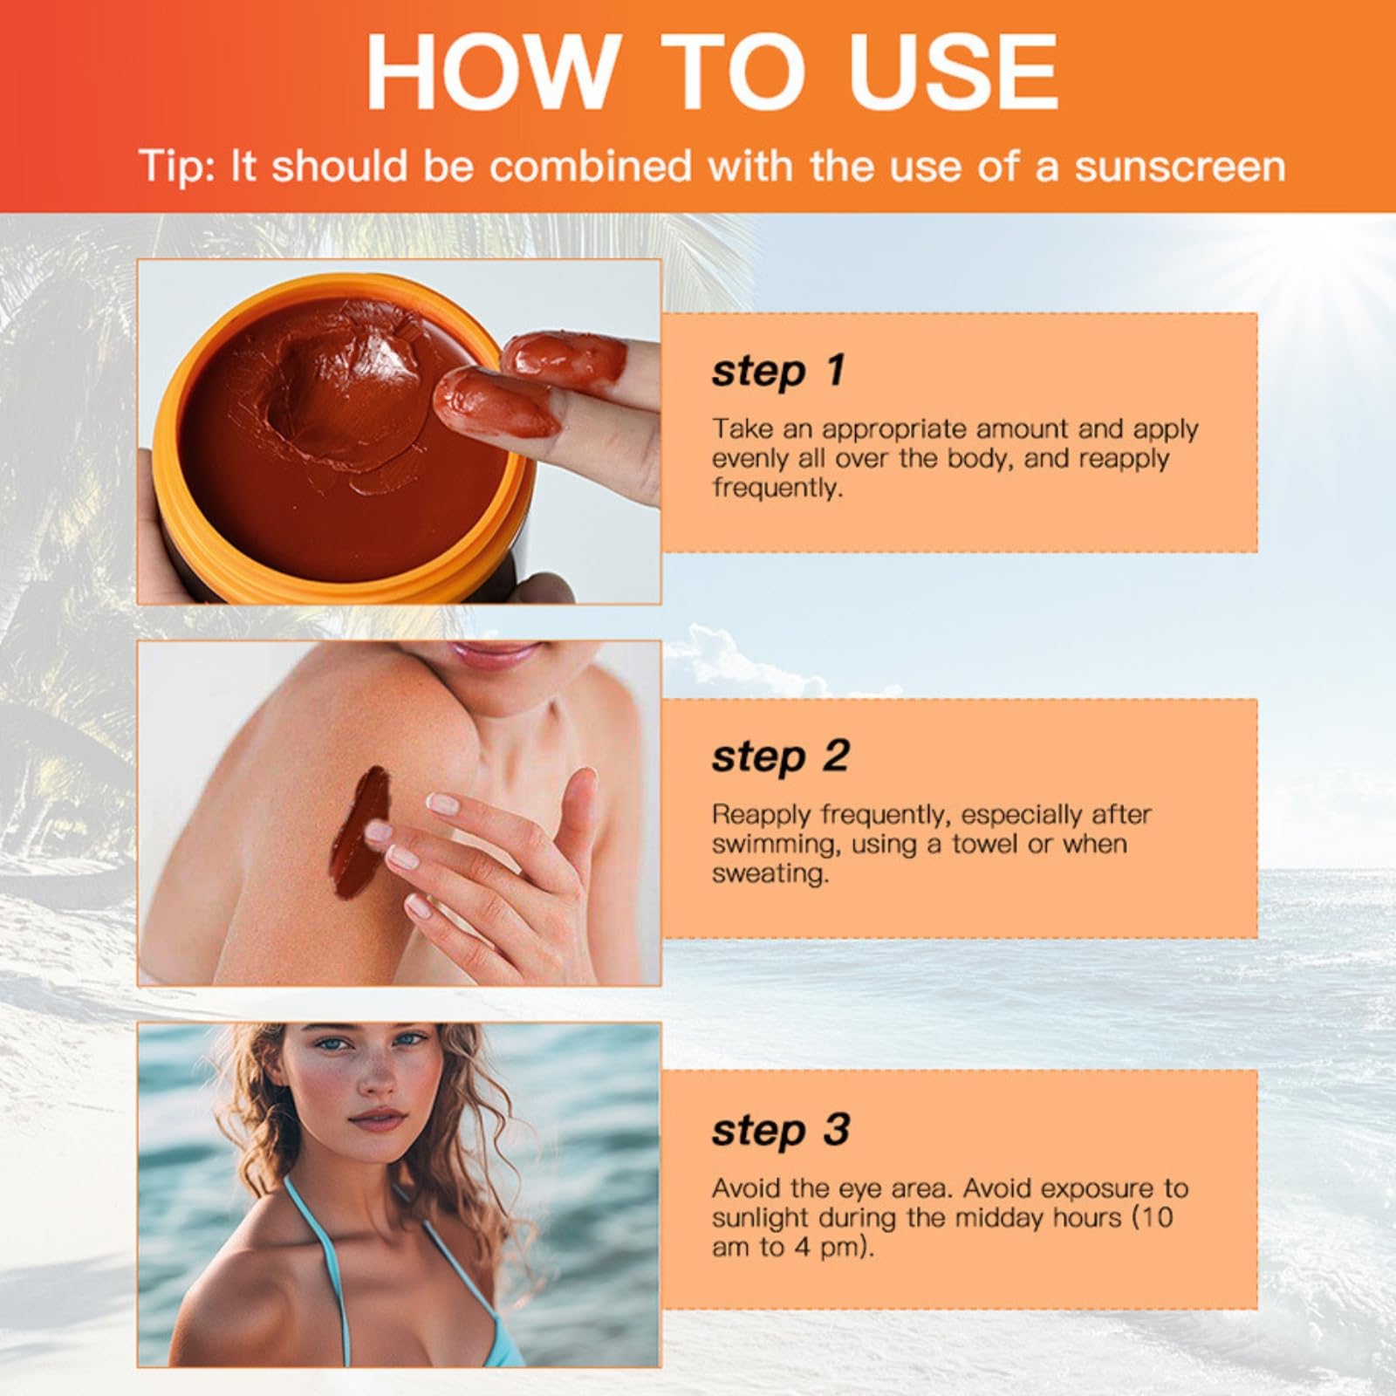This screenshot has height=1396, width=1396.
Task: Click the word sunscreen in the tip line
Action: coord(1180,166)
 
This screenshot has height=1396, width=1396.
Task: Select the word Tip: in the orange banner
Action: coord(178,166)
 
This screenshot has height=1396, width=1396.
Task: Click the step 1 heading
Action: coord(778,370)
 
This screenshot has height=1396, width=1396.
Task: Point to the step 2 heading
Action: coord(780,756)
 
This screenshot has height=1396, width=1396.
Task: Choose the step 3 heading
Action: coord(780,1130)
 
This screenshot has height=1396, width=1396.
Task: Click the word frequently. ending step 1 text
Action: coord(777,488)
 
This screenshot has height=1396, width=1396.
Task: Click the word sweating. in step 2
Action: coord(770,874)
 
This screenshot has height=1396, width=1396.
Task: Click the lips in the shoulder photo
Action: coord(495,653)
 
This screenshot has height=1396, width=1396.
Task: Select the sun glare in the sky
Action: coord(1344,262)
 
